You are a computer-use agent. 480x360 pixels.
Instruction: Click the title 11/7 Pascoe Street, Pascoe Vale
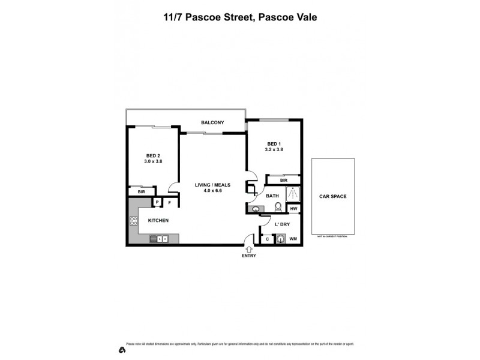(x=240, y=17)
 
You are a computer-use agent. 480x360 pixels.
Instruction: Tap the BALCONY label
(x=212, y=123)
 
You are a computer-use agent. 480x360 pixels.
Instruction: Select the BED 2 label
(x=152, y=155)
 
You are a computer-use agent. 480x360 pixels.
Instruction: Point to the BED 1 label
(x=274, y=143)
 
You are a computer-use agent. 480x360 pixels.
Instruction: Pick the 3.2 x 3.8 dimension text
(x=274, y=150)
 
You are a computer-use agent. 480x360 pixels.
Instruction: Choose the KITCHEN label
(x=158, y=221)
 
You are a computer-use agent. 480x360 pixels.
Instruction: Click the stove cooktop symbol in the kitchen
(x=133, y=221)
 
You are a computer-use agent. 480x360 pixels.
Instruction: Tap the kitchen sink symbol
(x=159, y=239)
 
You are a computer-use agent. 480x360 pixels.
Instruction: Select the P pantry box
(x=157, y=203)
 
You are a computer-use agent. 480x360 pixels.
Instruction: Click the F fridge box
(x=169, y=203)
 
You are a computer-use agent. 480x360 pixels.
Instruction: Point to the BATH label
(x=272, y=196)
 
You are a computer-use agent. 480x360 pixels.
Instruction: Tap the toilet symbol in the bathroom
(x=277, y=207)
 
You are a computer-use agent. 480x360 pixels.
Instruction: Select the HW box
(x=294, y=209)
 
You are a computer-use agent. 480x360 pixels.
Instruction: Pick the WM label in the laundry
(x=293, y=239)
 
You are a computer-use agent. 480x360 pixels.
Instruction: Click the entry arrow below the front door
(x=249, y=248)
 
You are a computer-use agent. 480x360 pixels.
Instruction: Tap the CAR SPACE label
(x=332, y=196)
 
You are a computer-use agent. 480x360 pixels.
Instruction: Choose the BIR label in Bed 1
(x=283, y=180)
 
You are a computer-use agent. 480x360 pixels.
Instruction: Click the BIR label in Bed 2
(x=142, y=192)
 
